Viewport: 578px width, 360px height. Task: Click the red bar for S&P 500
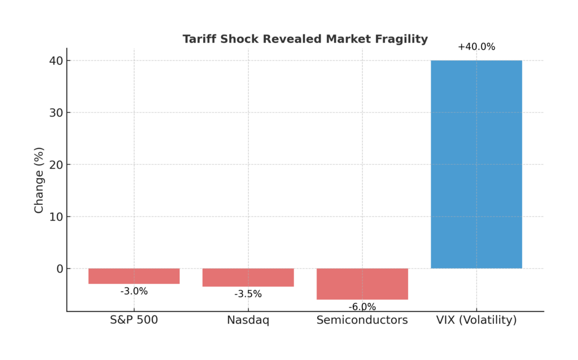[134, 276]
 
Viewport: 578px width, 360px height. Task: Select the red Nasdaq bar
[248, 277]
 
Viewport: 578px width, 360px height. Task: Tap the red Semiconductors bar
[362, 284]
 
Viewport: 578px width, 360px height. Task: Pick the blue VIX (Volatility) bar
[476, 164]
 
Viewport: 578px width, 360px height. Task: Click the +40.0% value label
[476, 47]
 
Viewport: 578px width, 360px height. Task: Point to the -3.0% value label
[134, 291]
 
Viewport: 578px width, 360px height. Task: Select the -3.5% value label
[248, 294]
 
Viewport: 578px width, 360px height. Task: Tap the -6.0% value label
[362, 307]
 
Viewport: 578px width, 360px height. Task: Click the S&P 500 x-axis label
[134, 321]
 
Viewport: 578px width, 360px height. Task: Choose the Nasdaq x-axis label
[248, 321]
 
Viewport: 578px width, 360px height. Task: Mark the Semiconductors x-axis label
[362, 321]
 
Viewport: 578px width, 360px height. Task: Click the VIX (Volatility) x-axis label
[476, 321]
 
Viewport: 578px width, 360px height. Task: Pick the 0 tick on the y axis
[58, 269]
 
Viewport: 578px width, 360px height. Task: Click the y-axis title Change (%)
[39, 180]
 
